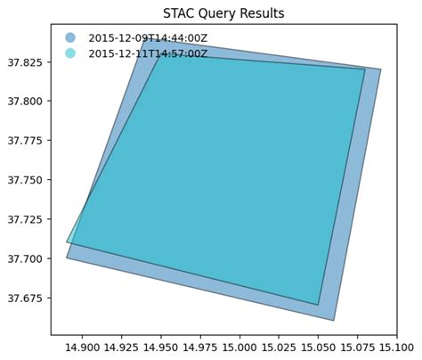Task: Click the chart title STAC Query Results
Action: point(223,13)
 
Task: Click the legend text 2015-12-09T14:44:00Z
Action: point(148,38)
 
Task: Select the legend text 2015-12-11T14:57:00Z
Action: point(148,53)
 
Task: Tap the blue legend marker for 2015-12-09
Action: point(70,38)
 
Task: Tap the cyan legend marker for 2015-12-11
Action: point(70,53)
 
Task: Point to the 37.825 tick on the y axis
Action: point(28,62)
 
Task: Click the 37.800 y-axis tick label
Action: point(28,102)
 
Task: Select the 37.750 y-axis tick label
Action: point(28,180)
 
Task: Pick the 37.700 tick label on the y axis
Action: point(28,258)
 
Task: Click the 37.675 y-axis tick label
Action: point(28,298)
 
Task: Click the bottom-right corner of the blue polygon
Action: point(334,320)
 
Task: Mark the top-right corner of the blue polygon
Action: point(380,70)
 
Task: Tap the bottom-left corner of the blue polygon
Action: point(67,258)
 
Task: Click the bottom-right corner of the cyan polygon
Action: point(318,305)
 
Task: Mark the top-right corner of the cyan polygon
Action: point(365,70)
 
